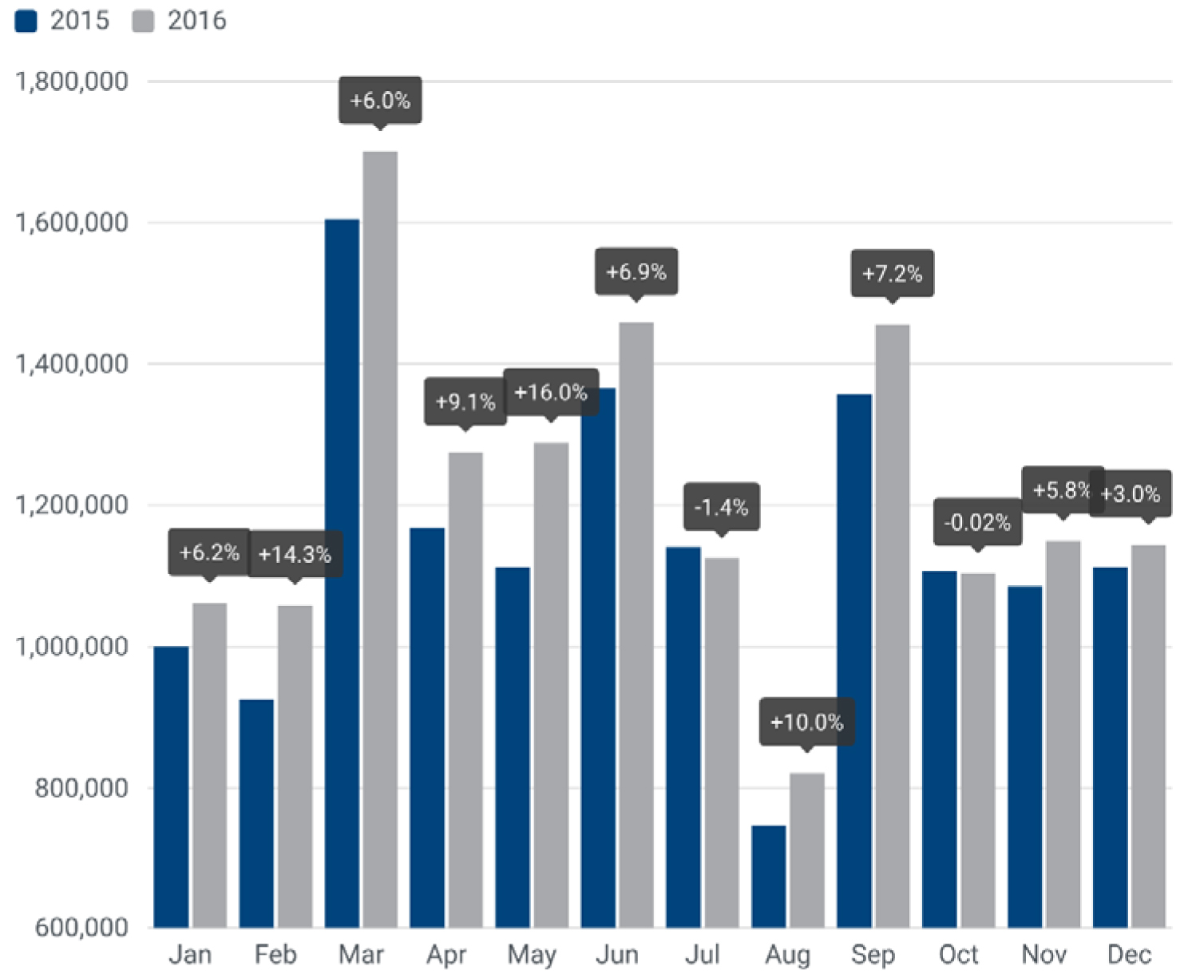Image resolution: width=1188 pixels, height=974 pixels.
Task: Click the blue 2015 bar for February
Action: pyautogui.click(x=256, y=814)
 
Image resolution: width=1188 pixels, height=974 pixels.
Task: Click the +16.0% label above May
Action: pyautogui.click(x=551, y=392)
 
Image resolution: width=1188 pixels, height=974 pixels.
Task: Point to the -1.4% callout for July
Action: pyautogui.click(x=721, y=507)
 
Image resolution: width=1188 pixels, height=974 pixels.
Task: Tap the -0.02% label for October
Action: pyautogui.click(x=977, y=522)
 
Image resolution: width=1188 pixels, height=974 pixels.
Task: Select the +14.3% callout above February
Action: pyautogui.click(x=295, y=554)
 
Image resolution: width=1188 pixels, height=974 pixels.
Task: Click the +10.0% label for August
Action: pyautogui.click(x=806, y=723)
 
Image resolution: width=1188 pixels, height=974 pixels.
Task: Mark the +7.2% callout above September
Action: pyautogui.click(x=892, y=274)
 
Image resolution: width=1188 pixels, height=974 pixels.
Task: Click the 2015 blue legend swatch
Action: pyautogui.click(x=26, y=21)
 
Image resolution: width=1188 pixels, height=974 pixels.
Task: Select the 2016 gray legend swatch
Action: pyautogui.click(x=143, y=21)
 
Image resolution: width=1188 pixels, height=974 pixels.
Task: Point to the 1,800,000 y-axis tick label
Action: pyautogui.click(x=72, y=81)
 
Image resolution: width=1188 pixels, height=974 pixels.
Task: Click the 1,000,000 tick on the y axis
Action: pyautogui.click(x=72, y=646)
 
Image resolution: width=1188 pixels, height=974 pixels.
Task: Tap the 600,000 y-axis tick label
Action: pyautogui.click(x=81, y=927)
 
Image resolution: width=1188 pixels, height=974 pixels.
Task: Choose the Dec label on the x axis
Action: pyautogui.click(x=1129, y=954)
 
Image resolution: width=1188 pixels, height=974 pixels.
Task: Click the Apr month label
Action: pyautogui.click(x=446, y=954)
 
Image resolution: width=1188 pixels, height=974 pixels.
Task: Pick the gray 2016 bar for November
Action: pyautogui.click(x=1063, y=734)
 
